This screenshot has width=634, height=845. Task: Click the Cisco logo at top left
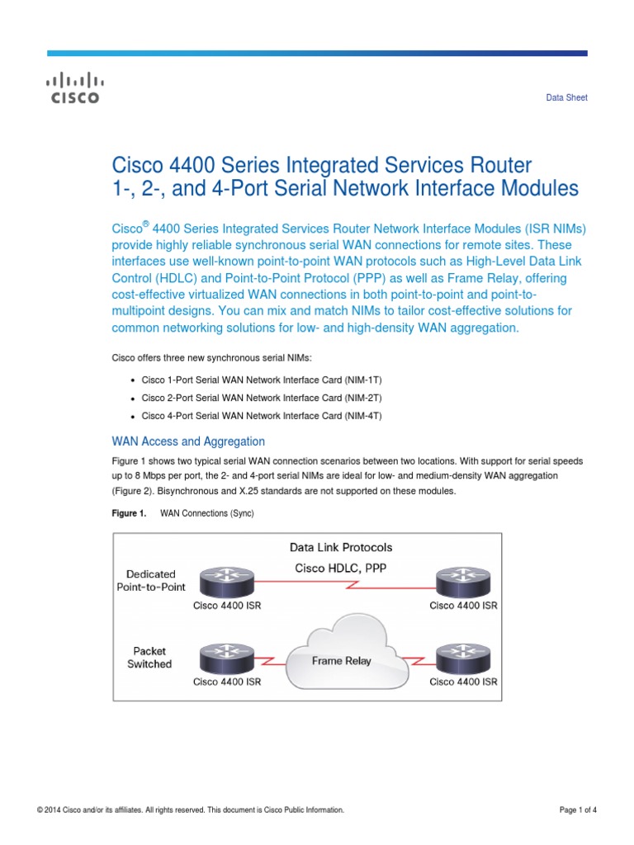(x=73, y=88)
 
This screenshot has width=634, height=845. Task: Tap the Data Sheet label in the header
(x=566, y=97)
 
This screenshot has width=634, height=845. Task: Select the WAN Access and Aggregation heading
(x=188, y=441)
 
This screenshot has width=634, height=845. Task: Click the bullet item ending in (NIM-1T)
(x=262, y=380)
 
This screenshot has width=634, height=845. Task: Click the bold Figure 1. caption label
(x=129, y=513)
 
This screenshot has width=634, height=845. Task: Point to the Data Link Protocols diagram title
(x=341, y=547)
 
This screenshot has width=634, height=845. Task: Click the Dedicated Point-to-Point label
(x=151, y=580)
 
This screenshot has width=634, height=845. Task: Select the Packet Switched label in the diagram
(x=150, y=658)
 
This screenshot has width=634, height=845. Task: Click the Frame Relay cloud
(x=341, y=660)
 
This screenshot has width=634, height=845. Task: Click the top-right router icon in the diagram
(x=463, y=582)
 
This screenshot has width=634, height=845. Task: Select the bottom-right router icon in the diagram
(x=463, y=659)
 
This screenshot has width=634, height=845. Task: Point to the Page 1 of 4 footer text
(x=578, y=810)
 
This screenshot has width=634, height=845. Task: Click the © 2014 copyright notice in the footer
(x=191, y=810)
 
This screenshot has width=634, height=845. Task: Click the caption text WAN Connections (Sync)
(x=206, y=513)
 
